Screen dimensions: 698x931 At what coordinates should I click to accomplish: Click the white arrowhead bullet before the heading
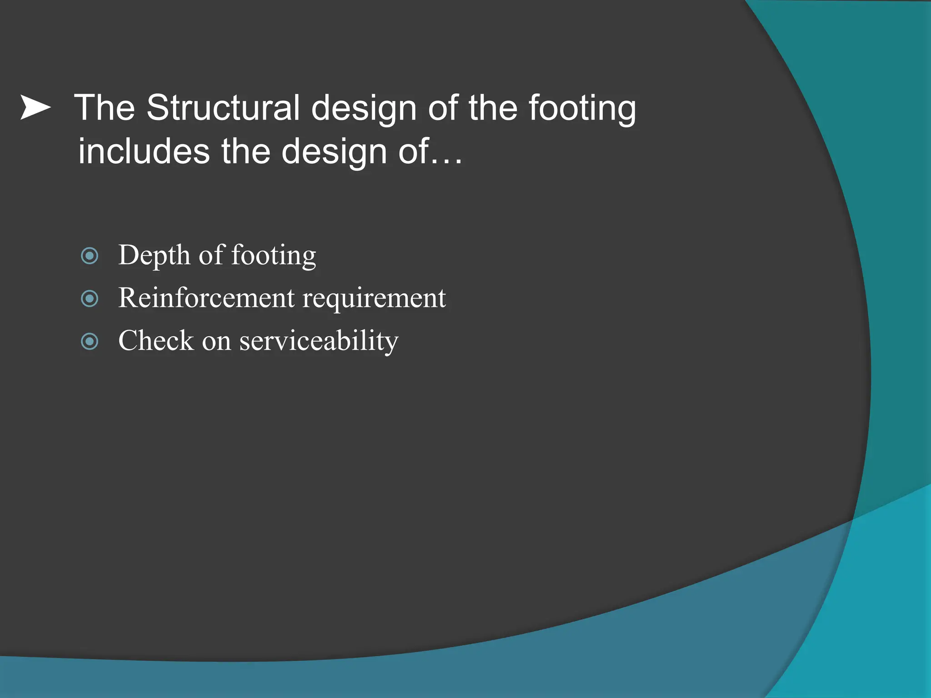(x=35, y=108)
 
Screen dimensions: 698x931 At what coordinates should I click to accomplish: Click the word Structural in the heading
(x=223, y=108)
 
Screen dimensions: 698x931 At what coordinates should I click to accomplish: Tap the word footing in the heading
(x=582, y=109)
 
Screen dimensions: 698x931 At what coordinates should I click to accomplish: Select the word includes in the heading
(x=144, y=151)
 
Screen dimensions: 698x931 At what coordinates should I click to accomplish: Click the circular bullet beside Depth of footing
(x=90, y=256)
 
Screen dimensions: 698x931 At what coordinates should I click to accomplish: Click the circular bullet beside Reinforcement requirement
(x=90, y=299)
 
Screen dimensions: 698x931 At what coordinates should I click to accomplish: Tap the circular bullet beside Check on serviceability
(x=90, y=341)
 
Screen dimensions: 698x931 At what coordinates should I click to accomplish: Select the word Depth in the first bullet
(x=154, y=255)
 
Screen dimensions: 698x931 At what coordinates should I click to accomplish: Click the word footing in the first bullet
(x=274, y=255)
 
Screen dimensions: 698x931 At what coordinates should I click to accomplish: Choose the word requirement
(x=374, y=299)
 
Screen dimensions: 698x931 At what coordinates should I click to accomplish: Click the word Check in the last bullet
(x=156, y=340)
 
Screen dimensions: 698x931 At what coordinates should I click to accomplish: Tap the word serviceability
(x=319, y=341)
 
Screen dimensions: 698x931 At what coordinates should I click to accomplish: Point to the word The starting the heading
(x=105, y=108)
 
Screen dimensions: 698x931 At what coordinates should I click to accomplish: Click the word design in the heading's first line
(x=364, y=109)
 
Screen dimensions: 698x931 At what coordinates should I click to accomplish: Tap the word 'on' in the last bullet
(x=216, y=341)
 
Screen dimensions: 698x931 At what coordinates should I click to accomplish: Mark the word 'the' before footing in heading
(x=493, y=108)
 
